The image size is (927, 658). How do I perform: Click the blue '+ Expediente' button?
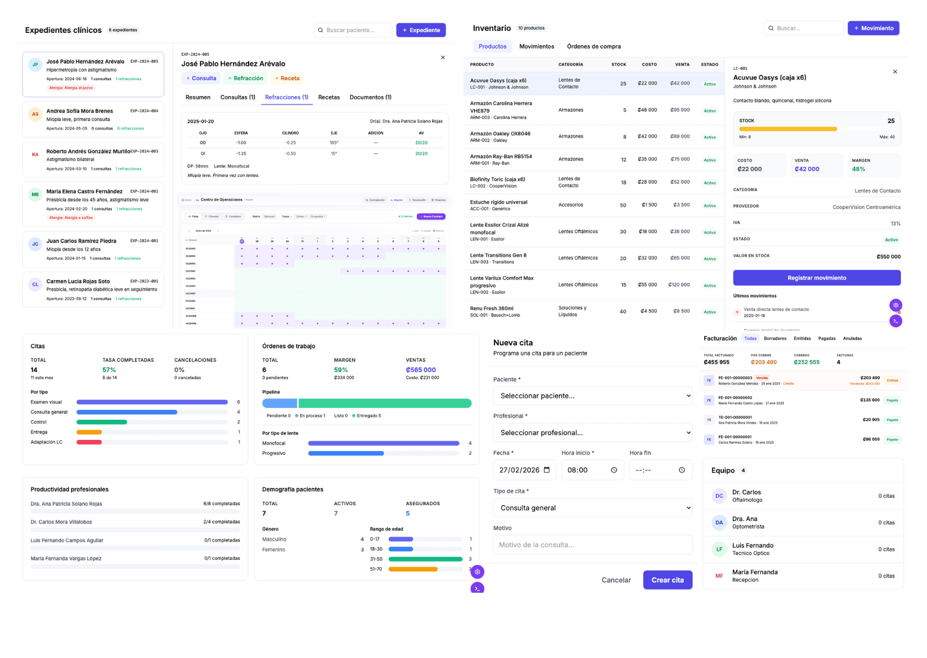point(421,30)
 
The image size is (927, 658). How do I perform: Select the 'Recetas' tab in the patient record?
point(329,97)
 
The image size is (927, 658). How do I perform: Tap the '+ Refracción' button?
point(246,79)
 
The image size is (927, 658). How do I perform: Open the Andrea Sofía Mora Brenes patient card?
point(93,119)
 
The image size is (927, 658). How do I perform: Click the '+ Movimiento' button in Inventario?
point(873,28)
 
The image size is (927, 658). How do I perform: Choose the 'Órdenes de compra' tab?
point(593,47)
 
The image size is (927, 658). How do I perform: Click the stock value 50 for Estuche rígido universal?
point(623,205)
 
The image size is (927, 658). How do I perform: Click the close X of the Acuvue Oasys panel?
point(895,72)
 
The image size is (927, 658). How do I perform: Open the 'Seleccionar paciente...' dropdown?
point(592,396)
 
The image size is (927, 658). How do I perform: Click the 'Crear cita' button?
point(667,580)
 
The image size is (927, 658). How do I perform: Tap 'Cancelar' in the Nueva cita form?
point(616,580)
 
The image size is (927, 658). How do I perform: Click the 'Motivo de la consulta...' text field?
point(592,545)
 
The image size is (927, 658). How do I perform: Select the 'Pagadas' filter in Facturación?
point(826,339)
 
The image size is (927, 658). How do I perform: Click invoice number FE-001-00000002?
point(735,397)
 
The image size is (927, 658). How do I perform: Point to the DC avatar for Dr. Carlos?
point(719,496)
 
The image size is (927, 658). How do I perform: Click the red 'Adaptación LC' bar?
point(89,442)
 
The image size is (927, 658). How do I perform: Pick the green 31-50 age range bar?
point(425,559)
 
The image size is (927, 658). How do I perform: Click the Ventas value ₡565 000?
point(421,370)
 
